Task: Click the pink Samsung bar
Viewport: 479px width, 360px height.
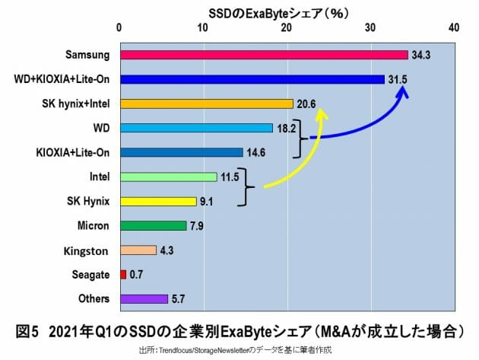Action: [263, 55]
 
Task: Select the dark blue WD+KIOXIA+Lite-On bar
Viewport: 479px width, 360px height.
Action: [252, 79]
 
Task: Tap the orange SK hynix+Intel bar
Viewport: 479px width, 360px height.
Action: [206, 104]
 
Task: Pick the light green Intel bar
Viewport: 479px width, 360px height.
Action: [168, 177]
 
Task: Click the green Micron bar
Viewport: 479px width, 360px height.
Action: [153, 225]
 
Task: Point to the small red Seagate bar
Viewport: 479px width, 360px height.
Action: [123, 274]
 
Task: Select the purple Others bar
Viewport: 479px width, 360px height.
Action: [144, 298]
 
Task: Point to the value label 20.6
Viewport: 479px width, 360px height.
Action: [305, 104]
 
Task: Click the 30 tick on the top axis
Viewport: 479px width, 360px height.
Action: [370, 28]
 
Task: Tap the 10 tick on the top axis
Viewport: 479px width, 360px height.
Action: [203, 28]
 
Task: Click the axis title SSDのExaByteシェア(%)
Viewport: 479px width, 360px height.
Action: [286, 12]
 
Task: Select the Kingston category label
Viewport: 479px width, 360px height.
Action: [88, 250]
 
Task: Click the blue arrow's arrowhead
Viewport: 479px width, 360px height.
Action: [405, 91]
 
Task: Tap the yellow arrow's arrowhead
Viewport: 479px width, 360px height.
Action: [322, 115]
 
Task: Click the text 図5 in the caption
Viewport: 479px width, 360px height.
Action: [29, 332]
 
